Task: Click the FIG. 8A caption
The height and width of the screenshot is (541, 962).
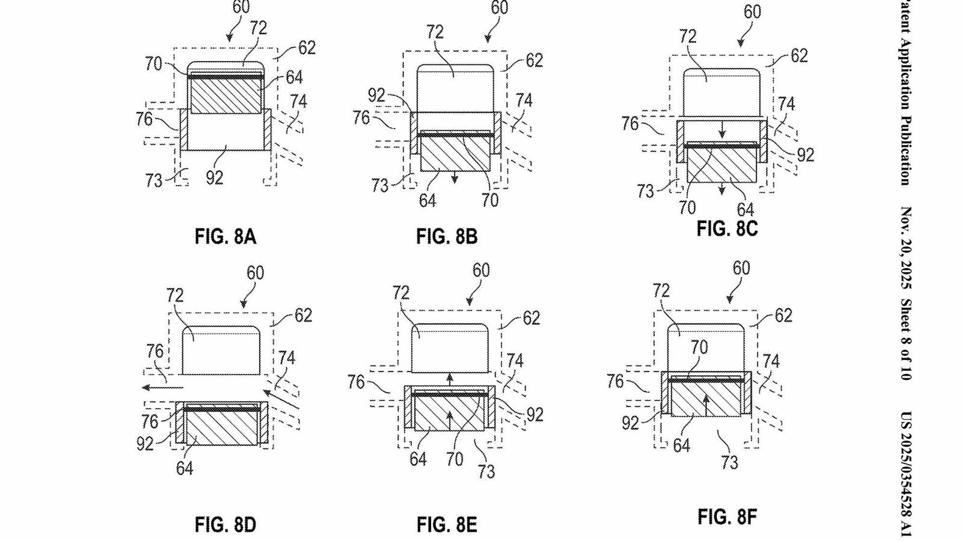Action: (x=225, y=236)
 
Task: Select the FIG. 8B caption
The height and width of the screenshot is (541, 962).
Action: (x=447, y=236)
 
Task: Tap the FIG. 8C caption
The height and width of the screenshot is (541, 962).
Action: (x=727, y=229)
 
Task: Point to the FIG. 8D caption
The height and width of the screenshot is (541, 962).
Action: (x=225, y=525)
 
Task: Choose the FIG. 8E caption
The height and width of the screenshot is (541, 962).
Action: (x=447, y=525)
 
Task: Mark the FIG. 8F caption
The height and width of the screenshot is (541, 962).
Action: (x=727, y=516)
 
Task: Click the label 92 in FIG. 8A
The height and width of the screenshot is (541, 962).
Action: (x=215, y=177)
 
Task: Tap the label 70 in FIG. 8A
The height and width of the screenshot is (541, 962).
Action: (x=153, y=63)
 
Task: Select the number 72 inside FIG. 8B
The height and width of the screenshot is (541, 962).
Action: (x=435, y=32)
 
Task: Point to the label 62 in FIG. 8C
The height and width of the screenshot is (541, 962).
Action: (x=798, y=56)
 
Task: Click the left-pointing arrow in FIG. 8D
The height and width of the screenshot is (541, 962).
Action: (x=158, y=388)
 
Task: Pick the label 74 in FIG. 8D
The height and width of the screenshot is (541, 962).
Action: (x=287, y=358)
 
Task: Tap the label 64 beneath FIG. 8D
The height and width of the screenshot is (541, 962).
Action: (x=185, y=468)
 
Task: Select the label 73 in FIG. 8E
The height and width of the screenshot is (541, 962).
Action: (x=486, y=471)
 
